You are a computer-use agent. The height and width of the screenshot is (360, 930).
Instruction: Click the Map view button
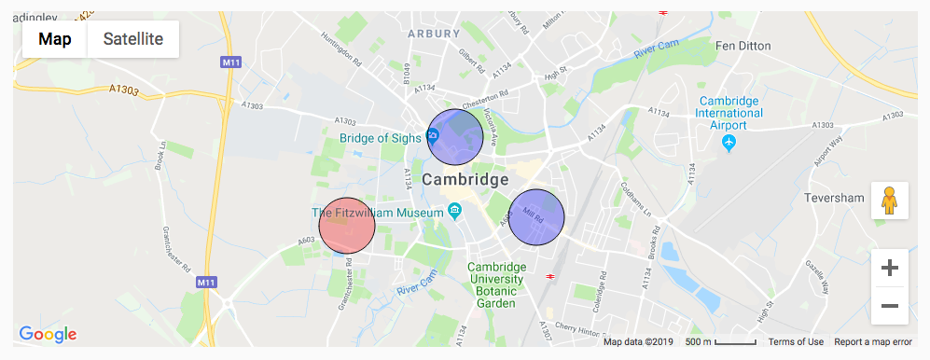point(55,39)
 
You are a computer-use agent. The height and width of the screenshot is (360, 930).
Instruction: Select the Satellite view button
point(133,39)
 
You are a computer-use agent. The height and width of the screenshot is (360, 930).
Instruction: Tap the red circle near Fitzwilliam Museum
point(347,226)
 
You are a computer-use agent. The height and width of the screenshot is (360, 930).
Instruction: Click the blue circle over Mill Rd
point(537,217)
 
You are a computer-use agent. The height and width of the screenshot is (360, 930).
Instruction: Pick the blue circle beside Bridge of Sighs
point(455,137)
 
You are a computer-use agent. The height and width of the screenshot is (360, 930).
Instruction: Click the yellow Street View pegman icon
point(889,201)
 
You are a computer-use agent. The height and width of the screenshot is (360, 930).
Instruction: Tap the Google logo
point(47,334)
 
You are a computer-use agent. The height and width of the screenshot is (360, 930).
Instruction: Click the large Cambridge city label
point(465,179)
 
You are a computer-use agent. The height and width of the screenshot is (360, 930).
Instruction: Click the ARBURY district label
point(434,34)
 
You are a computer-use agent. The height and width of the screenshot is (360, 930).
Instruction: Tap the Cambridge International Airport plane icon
point(729,143)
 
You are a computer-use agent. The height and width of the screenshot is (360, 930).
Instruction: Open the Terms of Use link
point(796,342)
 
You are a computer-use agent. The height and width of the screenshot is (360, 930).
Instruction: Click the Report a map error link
point(875,342)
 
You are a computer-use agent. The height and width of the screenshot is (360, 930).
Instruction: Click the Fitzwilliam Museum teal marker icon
point(454,209)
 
